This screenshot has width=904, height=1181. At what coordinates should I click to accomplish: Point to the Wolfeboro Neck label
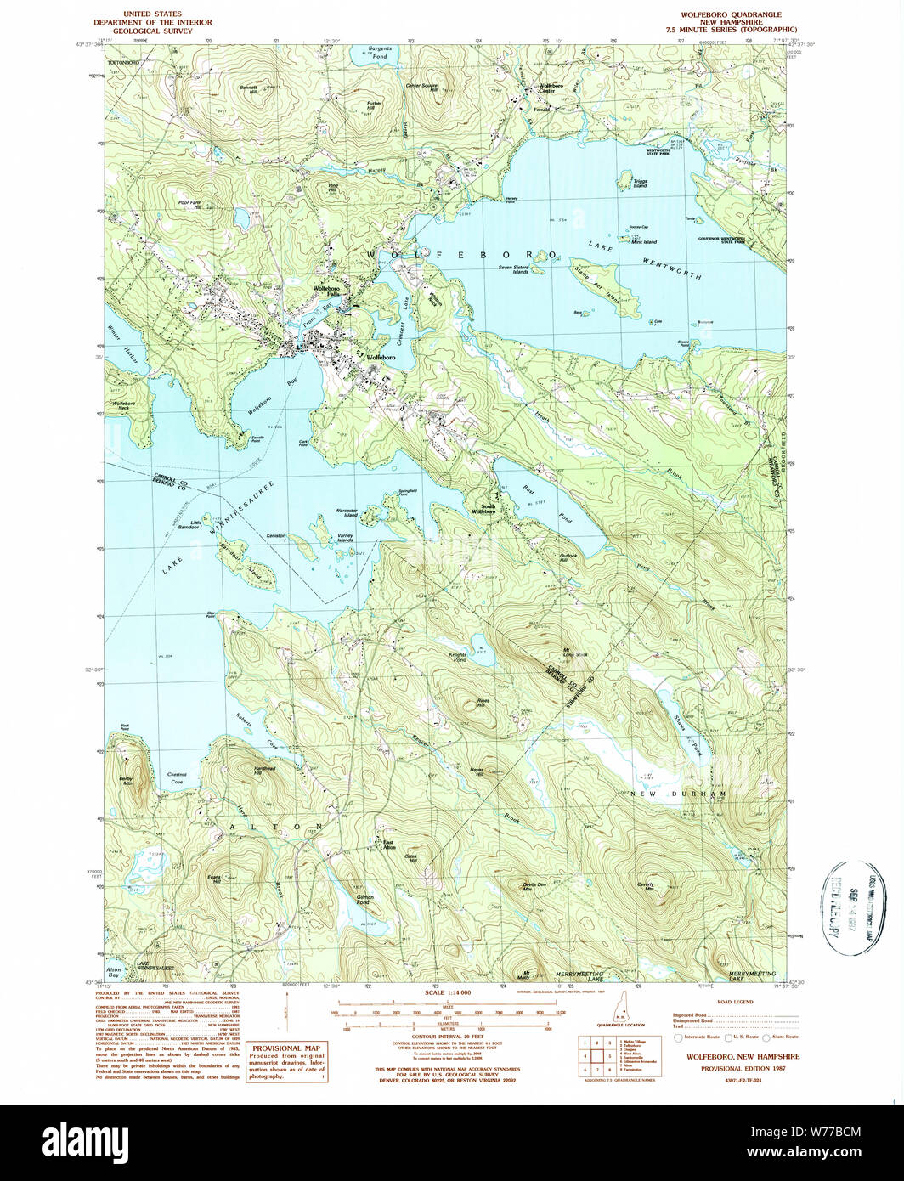coord(124,405)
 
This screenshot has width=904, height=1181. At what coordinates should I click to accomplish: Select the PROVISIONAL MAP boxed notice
coord(287,1063)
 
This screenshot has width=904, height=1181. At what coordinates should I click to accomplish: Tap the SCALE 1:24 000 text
coord(452,992)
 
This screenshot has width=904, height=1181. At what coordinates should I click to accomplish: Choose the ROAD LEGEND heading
coord(733,1003)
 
